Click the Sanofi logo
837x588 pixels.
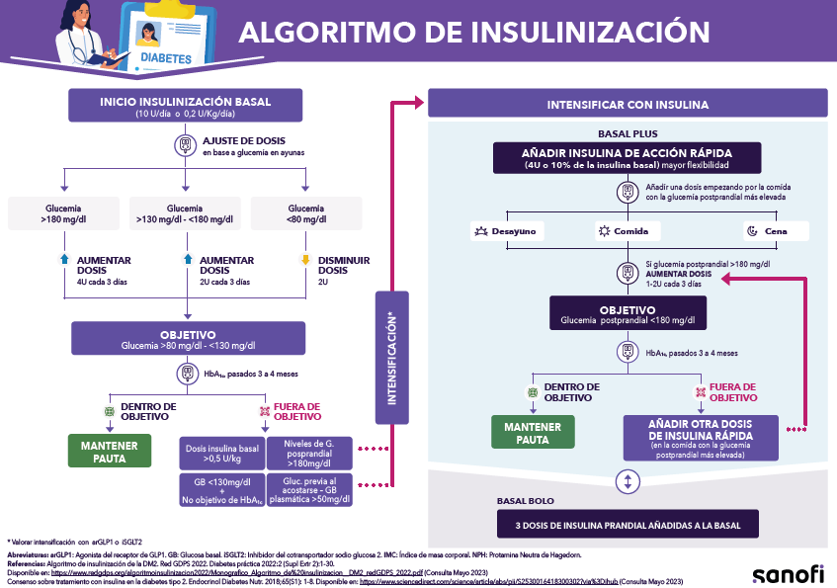point(787,573)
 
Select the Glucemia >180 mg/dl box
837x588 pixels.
point(63,215)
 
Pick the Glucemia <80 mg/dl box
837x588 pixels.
point(305,215)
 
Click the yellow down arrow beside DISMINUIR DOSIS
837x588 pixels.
point(305,261)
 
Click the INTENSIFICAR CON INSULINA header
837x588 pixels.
point(628,105)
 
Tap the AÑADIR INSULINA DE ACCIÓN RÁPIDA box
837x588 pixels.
point(628,159)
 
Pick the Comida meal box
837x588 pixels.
point(627,230)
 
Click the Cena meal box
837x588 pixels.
point(776,230)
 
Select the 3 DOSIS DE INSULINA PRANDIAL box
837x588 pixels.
point(628,525)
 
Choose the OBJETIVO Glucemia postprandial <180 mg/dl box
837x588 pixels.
point(627,314)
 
